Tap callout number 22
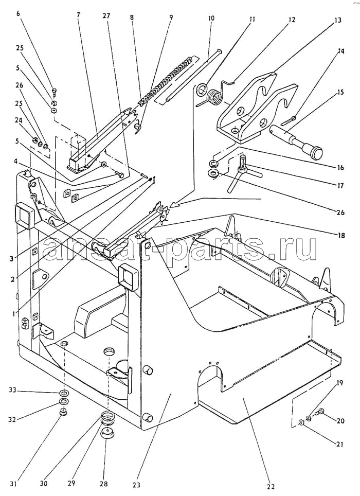[x=272, y=486]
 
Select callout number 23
[x=136, y=485]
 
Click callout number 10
[x=211, y=18]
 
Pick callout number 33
[x=12, y=391]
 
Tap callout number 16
[x=340, y=167]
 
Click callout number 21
[x=339, y=445]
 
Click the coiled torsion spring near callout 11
[x=215, y=94]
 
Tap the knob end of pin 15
[x=314, y=151]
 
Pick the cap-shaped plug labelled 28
[x=107, y=433]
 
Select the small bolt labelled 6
[x=54, y=92]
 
